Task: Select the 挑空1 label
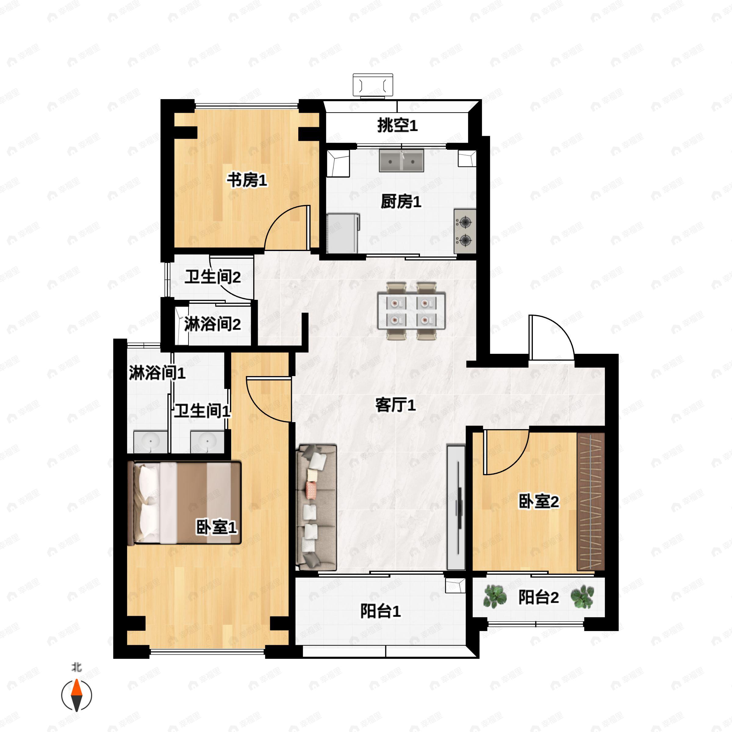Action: point(397,125)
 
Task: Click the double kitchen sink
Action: point(401,160)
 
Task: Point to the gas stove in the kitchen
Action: point(465,231)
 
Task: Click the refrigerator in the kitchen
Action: point(343,233)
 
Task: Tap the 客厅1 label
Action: point(395,405)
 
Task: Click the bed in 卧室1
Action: point(185,502)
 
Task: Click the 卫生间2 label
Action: point(213,277)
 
